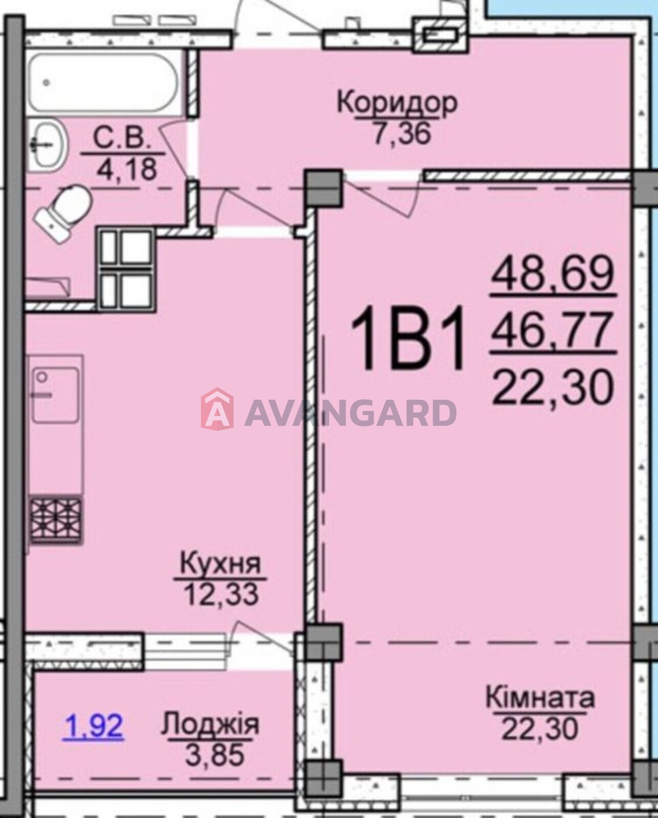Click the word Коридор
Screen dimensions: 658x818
pyautogui.click(x=397, y=103)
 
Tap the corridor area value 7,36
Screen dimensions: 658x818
pyautogui.click(x=402, y=134)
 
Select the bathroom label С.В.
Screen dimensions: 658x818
pyautogui.click(x=123, y=140)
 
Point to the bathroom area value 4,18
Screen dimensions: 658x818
pyautogui.click(x=127, y=169)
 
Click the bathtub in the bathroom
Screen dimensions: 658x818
pyautogui.click(x=103, y=82)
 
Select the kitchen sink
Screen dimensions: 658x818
pyautogui.click(x=56, y=395)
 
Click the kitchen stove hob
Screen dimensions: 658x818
pyautogui.click(x=56, y=519)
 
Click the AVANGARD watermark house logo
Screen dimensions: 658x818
pyautogui.click(x=217, y=408)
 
